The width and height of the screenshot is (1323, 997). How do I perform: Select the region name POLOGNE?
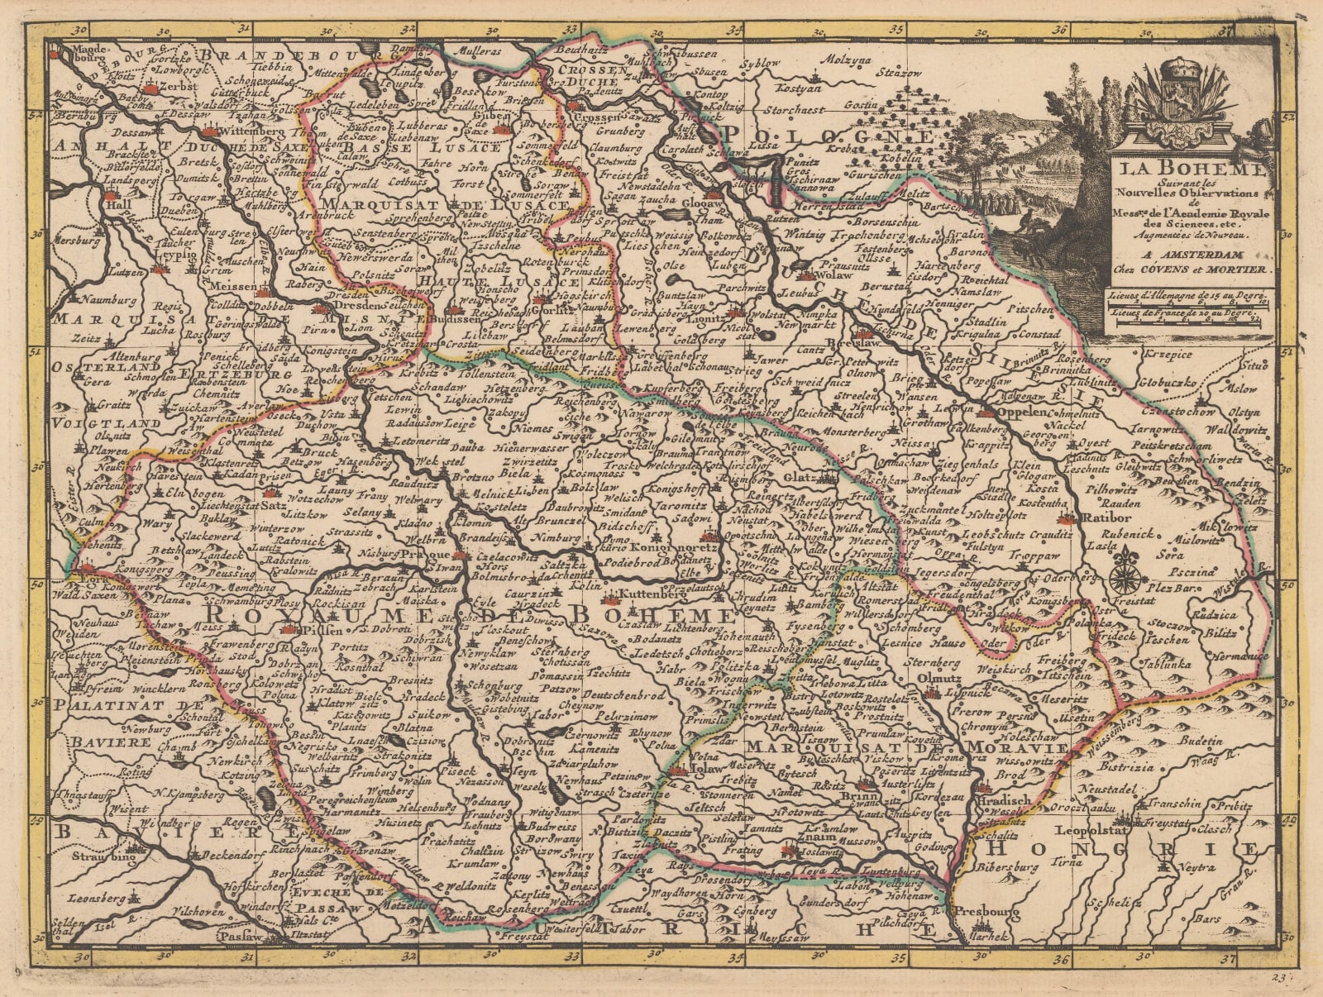(829, 136)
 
